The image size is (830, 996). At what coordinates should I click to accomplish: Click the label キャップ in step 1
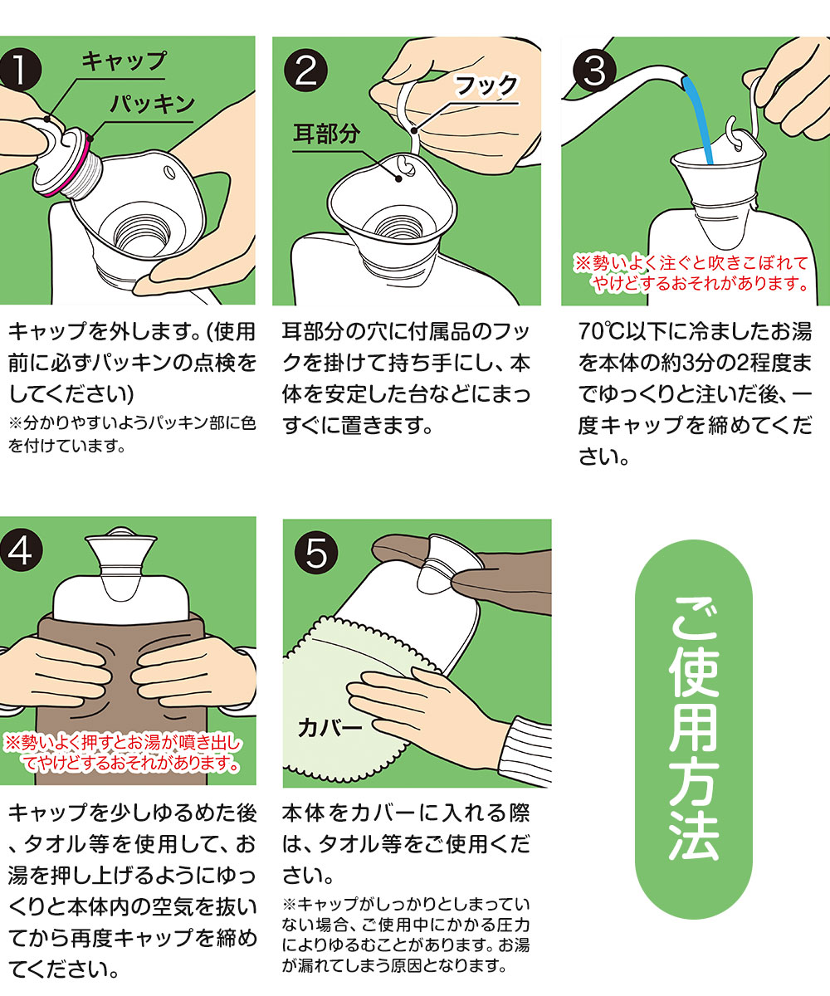[x=124, y=61]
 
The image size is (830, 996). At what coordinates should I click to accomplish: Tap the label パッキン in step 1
[x=151, y=104]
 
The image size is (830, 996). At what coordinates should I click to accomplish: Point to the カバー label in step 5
[x=330, y=729]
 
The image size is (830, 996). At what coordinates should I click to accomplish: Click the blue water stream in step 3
[x=702, y=124]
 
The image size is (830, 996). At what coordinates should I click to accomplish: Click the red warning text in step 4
[x=124, y=752]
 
